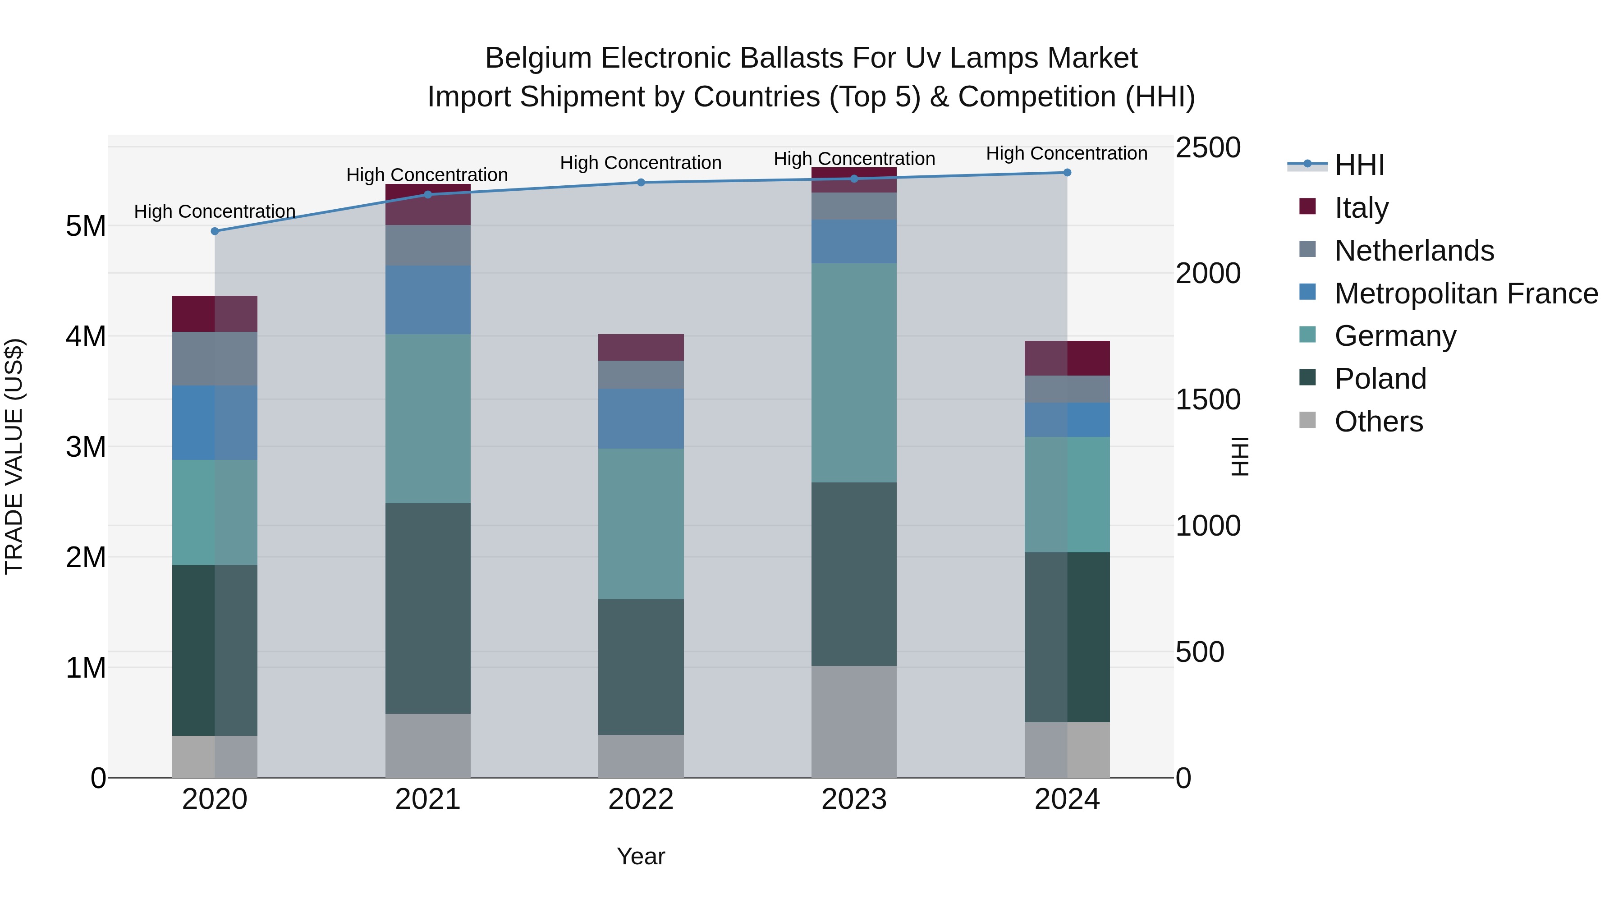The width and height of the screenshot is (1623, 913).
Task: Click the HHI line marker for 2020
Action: click(x=215, y=231)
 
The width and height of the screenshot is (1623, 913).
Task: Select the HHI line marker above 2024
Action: click(x=1067, y=173)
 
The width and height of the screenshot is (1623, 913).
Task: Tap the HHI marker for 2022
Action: click(x=641, y=183)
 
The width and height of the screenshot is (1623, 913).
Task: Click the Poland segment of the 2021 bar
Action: click(x=428, y=608)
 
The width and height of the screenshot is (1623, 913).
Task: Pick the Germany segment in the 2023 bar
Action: click(x=854, y=373)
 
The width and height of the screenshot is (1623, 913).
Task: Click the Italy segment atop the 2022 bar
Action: click(x=641, y=347)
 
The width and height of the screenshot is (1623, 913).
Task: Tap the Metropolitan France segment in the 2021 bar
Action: click(x=428, y=300)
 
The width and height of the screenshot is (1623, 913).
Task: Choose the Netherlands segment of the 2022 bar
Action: click(x=641, y=375)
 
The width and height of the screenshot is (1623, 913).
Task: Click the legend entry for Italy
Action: click(x=1361, y=208)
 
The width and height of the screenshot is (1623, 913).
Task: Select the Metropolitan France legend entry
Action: click(x=1466, y=294)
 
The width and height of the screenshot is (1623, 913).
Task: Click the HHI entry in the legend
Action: click(x=1359, y=165)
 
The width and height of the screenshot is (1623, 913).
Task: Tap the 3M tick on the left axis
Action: click(x=86, y=447)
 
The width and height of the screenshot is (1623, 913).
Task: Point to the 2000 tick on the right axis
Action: click(x=1208, y=274)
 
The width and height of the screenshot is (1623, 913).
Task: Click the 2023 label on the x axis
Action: click(x=854, y=799)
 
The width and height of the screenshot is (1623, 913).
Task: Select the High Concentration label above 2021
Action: click(x=427, y=175)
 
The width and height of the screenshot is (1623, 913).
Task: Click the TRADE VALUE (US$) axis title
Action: click(x=14, y=456)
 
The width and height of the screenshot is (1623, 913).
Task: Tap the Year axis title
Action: click(x=641, y=856)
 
